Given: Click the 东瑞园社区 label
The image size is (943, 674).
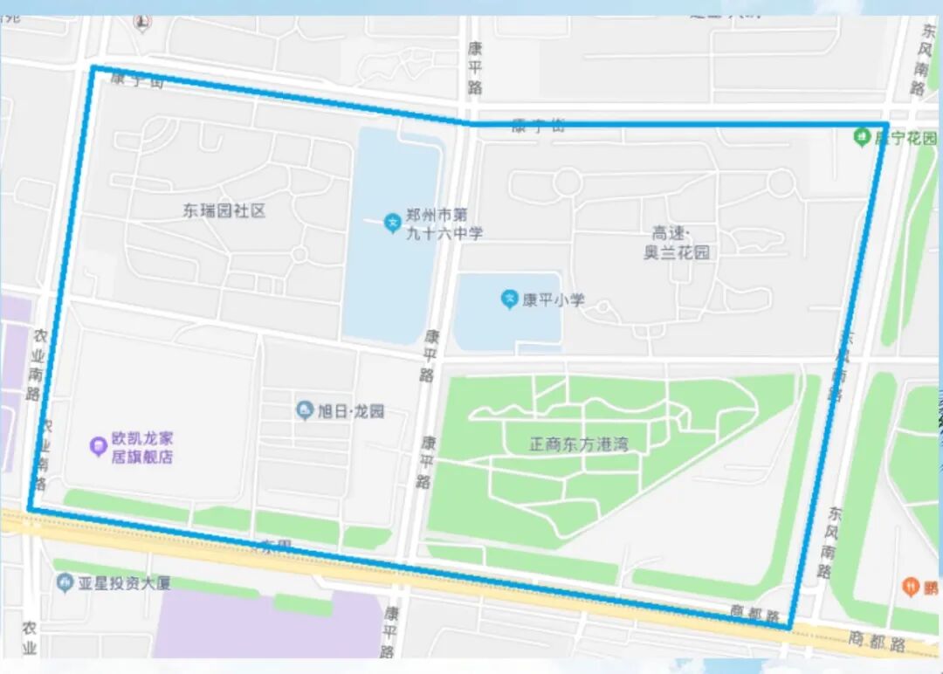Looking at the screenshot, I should (224, 210).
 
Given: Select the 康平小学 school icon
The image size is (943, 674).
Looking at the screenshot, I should (509, 299).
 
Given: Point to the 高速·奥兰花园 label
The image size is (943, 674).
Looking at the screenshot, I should (677, 243).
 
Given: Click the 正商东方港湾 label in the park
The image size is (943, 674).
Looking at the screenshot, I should (578, 444).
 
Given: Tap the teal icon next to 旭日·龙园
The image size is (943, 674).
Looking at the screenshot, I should (305, 409).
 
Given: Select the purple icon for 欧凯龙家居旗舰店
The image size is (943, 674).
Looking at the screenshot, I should (98, 447).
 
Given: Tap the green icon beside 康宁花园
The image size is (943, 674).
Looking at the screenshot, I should (863, 137).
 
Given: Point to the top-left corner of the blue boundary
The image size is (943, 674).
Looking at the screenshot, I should (93, 67).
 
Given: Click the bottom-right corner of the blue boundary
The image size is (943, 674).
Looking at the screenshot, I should (789, 627).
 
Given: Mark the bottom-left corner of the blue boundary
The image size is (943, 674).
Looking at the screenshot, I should (30, 508).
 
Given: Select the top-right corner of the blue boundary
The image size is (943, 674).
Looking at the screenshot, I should (885, 125).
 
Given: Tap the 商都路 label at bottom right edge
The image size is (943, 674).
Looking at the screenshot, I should (877, 642).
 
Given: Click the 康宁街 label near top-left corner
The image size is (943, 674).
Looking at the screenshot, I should (137, 79).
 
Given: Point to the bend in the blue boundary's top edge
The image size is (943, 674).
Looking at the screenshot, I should (469, 123).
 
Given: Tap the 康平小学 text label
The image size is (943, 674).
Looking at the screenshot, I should (554, 300).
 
